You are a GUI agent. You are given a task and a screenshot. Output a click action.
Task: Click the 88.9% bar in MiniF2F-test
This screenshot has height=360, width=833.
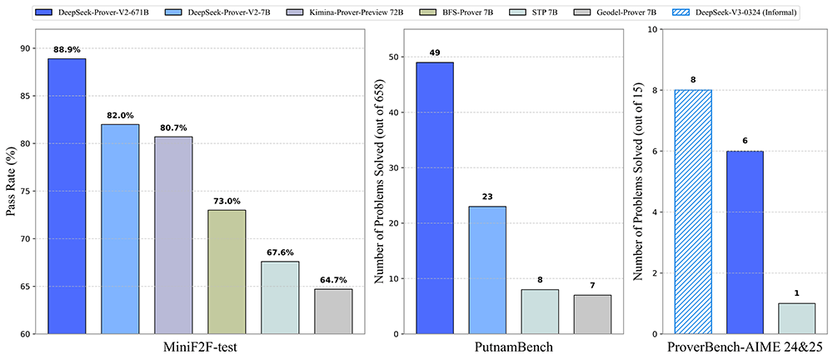point(67,196)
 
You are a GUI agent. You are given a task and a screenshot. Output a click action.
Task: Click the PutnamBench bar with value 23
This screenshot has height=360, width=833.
point(487,270)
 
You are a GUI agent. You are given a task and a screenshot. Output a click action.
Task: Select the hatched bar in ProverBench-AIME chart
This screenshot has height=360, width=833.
point(692,212)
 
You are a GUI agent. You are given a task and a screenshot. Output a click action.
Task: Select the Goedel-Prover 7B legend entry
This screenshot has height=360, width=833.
point(600,14)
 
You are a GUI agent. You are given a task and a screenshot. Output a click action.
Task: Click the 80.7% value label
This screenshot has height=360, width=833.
point(173,128)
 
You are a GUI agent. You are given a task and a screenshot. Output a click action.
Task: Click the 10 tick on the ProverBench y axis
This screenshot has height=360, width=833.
point(651,29)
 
